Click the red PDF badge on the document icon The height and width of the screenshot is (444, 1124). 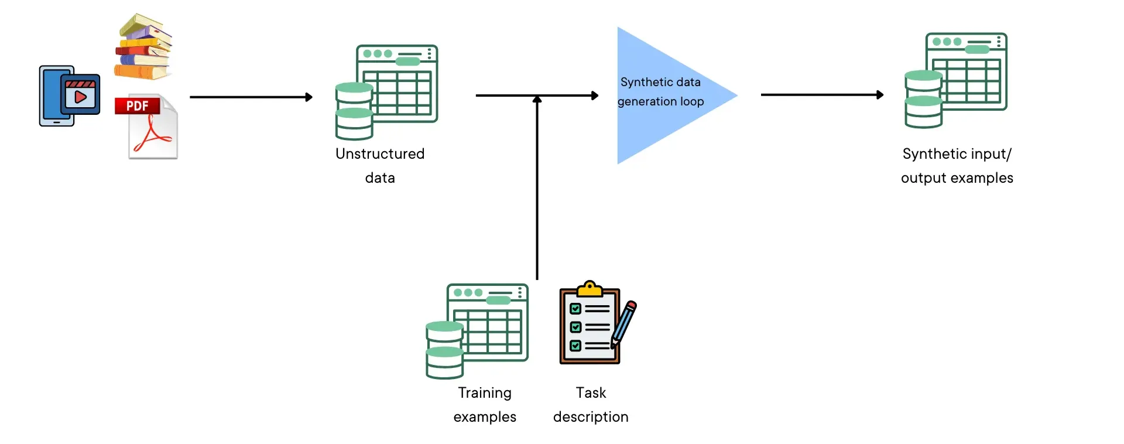[138, 106]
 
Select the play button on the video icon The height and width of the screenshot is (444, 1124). [80, 97]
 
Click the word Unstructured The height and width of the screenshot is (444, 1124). [380, 153]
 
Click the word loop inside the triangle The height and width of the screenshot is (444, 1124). [692, 101]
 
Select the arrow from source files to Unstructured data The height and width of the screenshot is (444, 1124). [251, 97]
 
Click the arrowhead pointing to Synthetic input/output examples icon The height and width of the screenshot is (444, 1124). [879, 94]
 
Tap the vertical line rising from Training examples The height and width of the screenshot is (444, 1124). [537, 193]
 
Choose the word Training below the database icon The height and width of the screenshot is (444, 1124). [485, 392]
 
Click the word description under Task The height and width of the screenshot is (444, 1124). [591, 416]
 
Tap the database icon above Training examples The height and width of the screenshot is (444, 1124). [477, 331]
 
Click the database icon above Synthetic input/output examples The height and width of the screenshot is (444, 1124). [956, 80]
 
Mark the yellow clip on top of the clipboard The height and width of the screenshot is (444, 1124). [590, 289]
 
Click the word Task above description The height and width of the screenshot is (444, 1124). [591, 392]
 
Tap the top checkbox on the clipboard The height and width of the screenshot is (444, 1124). [575, 309]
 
